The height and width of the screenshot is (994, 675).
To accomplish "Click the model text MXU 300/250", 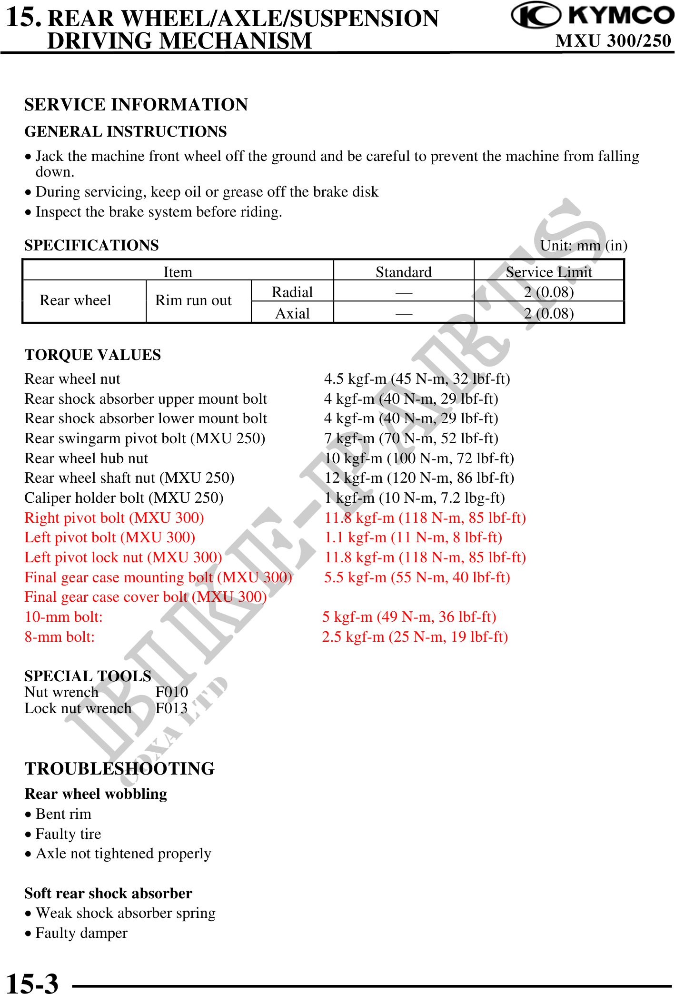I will pos(613,41).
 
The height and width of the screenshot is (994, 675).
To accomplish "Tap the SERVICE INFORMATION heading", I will pos(136,105).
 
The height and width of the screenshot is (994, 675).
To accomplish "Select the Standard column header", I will pos(403,272).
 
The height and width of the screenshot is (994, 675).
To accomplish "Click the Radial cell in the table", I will pos(292,292).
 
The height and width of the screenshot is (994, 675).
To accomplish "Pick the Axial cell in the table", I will pos(292,313).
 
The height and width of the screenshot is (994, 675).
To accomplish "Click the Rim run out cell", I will pos(193,300).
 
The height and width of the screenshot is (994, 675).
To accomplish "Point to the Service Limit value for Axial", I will pos(548,313).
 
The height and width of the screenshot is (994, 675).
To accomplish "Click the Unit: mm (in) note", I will pos(584,245).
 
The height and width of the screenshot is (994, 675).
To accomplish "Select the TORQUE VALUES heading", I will pos(93,355).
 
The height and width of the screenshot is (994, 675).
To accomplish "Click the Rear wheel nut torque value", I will pos(417,379).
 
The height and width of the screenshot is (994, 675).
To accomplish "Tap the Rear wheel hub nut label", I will pos(86,458).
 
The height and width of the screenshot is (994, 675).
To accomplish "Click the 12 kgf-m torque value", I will pos(419,478).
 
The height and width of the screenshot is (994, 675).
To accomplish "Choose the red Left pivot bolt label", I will pos(109,537).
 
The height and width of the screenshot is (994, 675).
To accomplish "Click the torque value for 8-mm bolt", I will pos(415,637).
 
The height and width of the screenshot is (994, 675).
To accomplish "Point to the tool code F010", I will pos(171,692).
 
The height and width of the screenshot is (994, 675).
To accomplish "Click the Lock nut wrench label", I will pos(78,708).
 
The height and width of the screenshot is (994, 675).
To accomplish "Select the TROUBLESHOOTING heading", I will pos(119,769).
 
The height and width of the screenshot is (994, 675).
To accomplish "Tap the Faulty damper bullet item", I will pos(81,933).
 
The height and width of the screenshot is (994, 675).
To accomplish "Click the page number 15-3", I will pos(32,983).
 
